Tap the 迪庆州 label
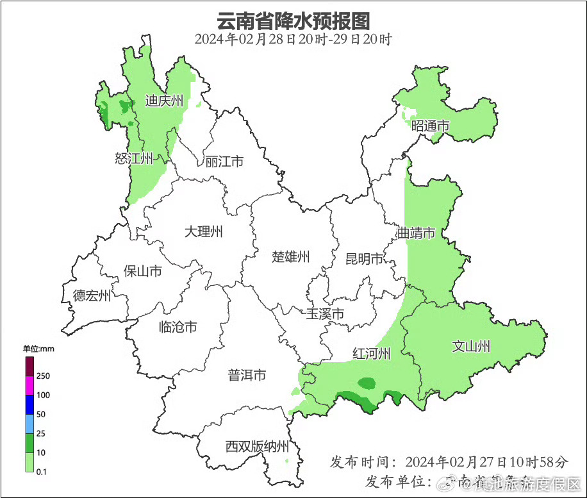click(x=164, y=100)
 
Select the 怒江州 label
click(x=134, y=158)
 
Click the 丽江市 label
click(x=224, y=162)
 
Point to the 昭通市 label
click(x=431, y=126)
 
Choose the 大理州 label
click(x=203, y=231)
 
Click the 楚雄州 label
click(x=291, y=257)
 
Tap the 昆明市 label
click(x=364, y=258)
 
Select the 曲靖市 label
click(x=416, y=232)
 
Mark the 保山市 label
click(x=142, y=271)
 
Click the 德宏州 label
click(x=92, y=295)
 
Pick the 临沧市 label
click(x=178, y=327)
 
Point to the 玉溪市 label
click(x=324, y=314)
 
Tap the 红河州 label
click(x=372, y=353)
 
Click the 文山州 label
click(x=471, y=346)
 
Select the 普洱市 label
click(x=247, y=376)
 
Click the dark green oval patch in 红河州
click(x=367, y=383)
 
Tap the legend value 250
click(x=44, y=376)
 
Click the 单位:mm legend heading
click(x=38, y=349)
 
